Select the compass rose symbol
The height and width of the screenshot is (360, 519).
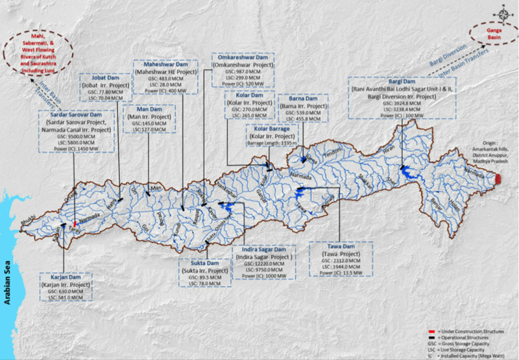tap(505, 11)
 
